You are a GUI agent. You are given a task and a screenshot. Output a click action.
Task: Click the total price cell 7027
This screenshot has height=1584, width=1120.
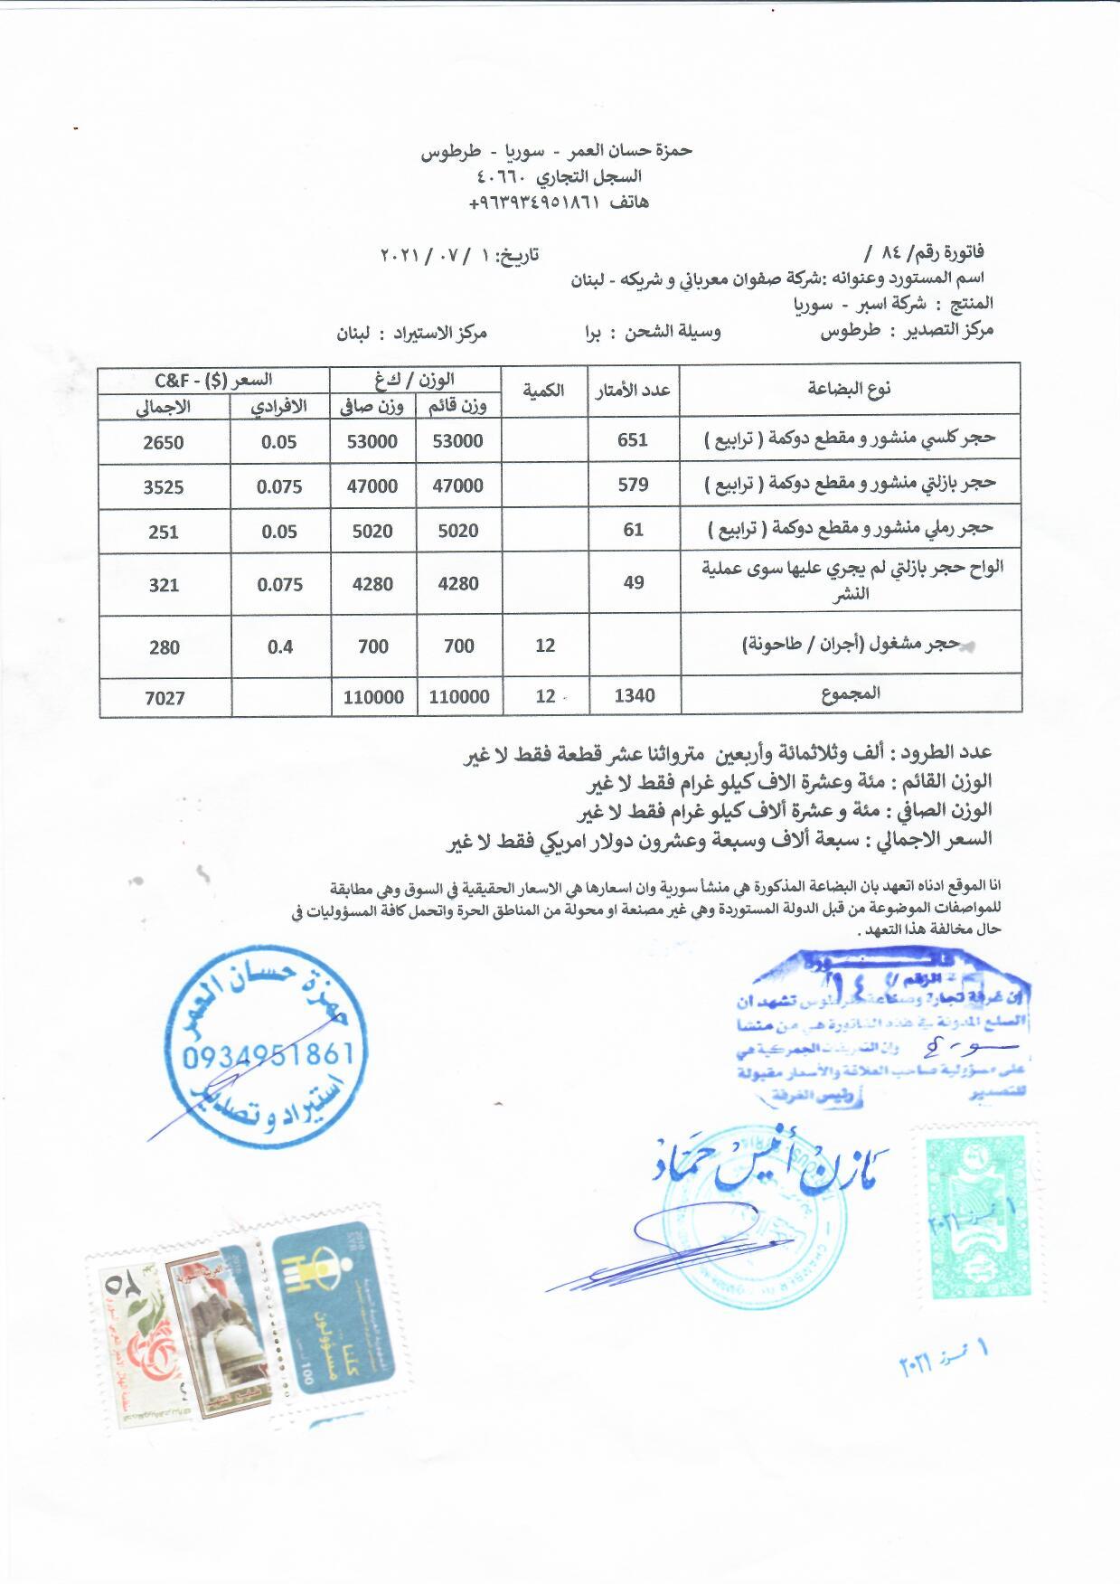tap(164, 698)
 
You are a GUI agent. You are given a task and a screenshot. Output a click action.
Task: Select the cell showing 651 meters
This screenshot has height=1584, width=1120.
tap(633, 440)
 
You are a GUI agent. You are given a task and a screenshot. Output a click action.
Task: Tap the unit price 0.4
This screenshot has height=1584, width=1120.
tap(279, 646)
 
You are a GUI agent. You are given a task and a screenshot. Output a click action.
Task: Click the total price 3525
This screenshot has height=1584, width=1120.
tap(164, 487)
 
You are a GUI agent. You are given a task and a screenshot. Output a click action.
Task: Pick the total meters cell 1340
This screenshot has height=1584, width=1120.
tap(634, 695)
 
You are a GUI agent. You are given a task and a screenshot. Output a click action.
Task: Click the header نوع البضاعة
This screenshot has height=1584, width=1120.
tap(849, 389)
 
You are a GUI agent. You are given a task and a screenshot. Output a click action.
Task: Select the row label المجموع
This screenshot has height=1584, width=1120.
tap(851, 694)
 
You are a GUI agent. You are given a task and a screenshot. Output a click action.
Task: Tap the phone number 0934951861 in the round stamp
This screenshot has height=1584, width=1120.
tap(268, 1055)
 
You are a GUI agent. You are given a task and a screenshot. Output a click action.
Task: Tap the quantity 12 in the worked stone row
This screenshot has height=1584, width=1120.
tap(545, 646)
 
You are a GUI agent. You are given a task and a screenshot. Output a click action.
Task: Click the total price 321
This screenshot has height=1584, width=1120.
tap(164, 585)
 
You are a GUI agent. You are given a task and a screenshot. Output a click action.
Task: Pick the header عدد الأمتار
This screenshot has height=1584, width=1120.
tap(633, 390)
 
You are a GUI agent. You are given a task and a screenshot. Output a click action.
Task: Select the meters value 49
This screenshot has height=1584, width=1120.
tap(634, 583)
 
